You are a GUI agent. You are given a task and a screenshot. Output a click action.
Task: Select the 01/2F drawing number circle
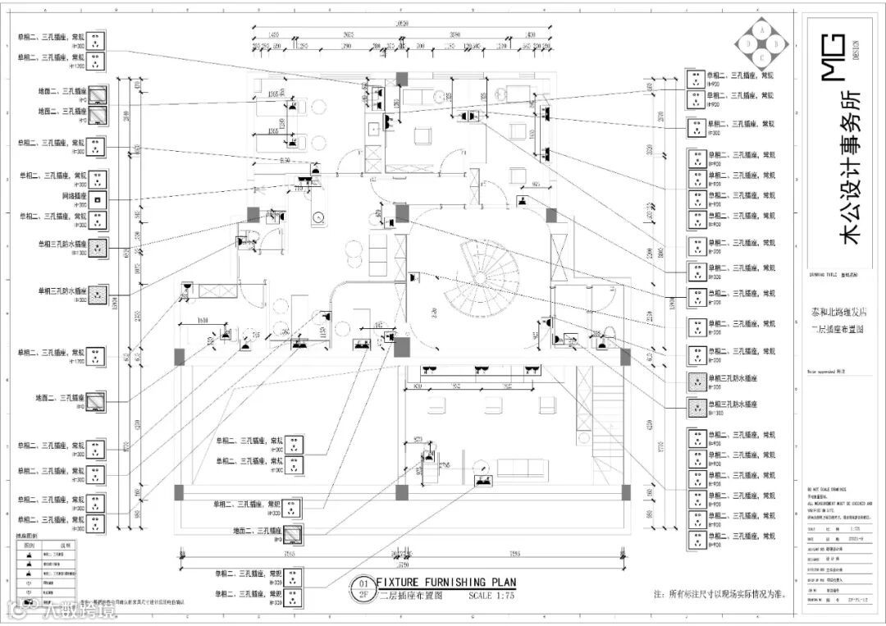click(x=362, y=589)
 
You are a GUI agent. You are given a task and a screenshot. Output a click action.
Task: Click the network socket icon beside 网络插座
click(x=97, y=199)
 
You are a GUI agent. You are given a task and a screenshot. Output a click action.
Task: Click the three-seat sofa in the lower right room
click(x=522, y=468)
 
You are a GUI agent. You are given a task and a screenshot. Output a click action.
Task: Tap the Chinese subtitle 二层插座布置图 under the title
click(x=410, y=596)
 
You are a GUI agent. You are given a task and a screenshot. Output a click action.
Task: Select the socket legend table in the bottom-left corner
click(x=47, y=571)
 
